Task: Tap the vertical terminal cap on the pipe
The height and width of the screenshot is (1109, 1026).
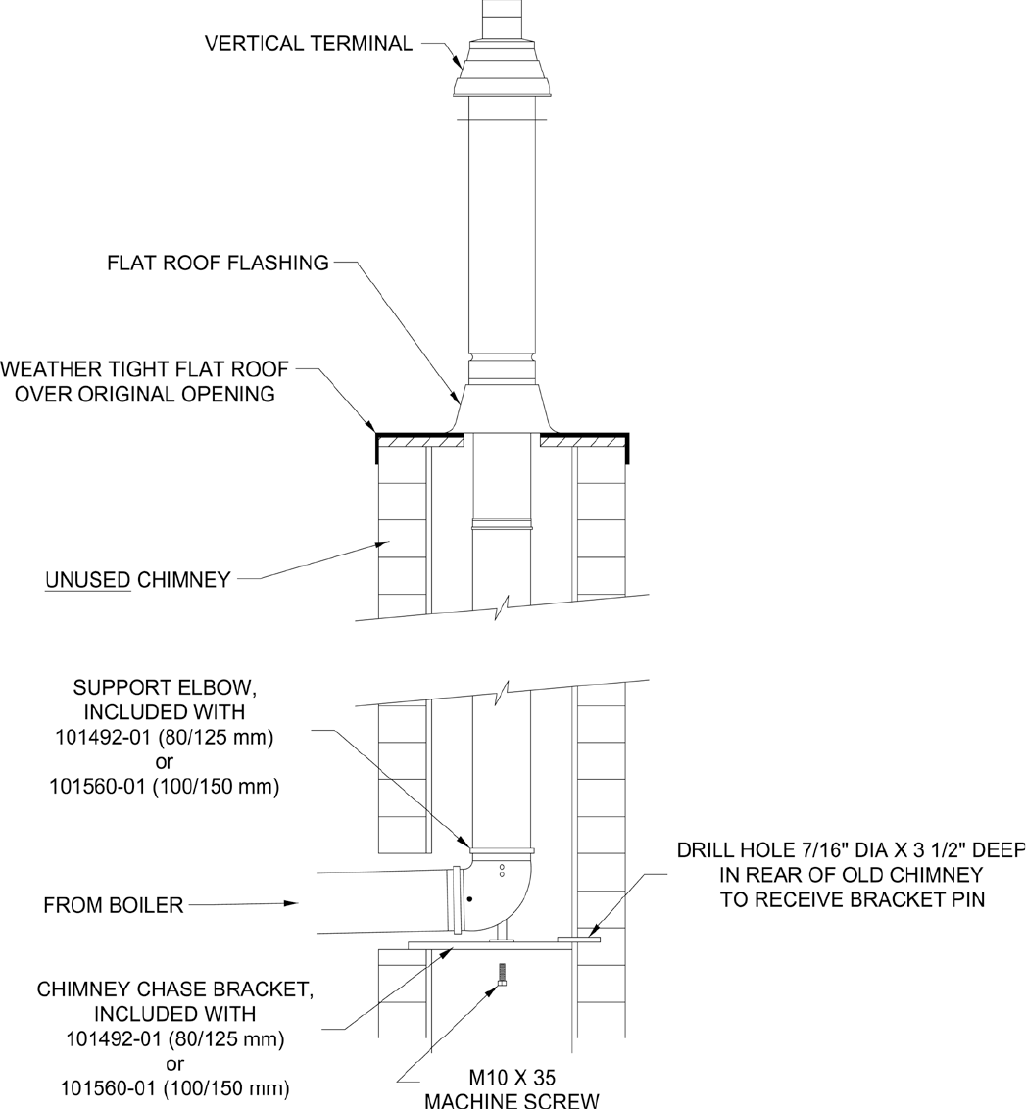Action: [502, 71]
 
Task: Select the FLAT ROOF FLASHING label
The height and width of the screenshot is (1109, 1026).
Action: [218, 263]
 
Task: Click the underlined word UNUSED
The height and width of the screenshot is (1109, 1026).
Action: [88, 580]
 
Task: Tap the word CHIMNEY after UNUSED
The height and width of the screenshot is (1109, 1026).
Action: [183, 580]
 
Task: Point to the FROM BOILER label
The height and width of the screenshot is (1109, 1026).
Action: [114, 905]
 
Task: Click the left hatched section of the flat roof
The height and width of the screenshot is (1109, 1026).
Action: [420, 443]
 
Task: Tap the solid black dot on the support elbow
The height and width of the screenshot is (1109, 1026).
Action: [471, 899]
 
